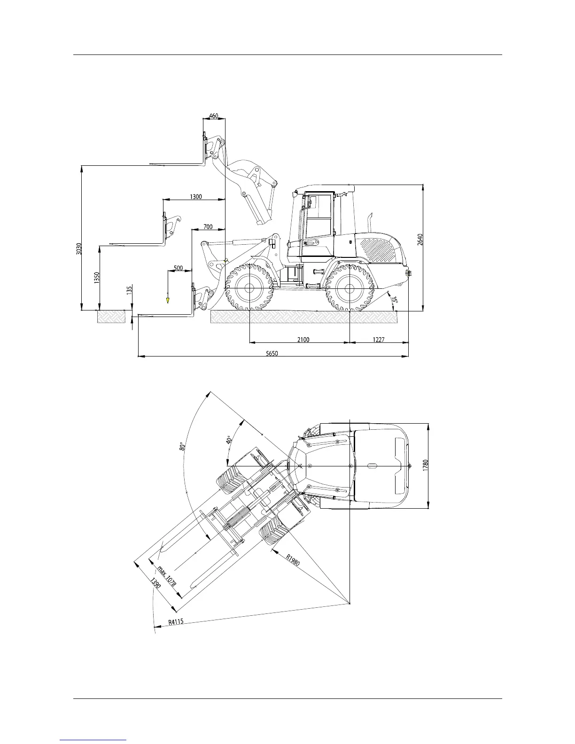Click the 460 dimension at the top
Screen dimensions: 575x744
(213, 116)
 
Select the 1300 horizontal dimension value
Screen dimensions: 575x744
(196, 196)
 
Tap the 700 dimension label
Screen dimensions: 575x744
(208, 227)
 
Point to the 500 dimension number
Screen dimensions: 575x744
(179, 268)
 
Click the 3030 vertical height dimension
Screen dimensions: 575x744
(79, 248)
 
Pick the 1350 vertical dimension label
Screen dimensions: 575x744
(97, 278)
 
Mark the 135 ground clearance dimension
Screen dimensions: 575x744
(130, 290)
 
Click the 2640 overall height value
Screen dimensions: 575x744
(420, 240)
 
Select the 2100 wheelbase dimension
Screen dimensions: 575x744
(303, 340)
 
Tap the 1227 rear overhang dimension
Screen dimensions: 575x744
(379, 340)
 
